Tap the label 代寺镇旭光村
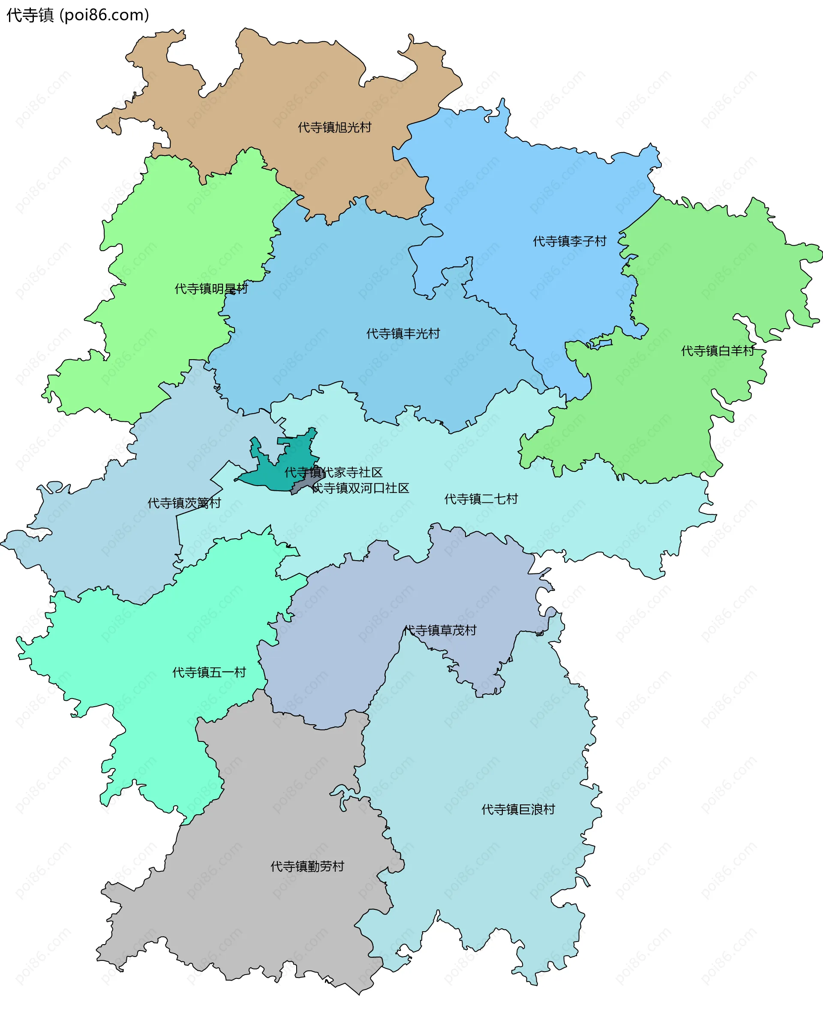coord(334,128)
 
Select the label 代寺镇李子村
coord(570,242)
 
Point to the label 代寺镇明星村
coord(211,289)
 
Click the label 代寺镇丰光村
coord(403,334)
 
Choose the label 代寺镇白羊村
coord(718,351)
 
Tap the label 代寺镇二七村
coord(481,499)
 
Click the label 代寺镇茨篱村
coord(184,504)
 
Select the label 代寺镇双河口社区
coord(361,488)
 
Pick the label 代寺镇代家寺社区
coord(333,473)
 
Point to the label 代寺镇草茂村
coord(439,630)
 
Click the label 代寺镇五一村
coord(209,673)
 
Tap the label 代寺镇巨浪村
coord(518,810)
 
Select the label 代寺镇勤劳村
coord(307,867)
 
